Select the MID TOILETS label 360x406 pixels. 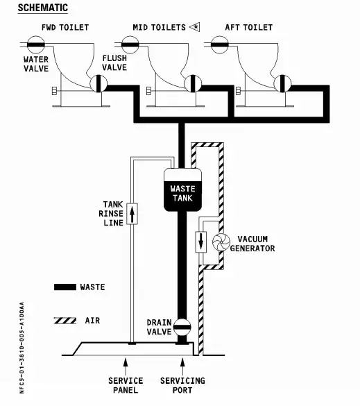(160, 28)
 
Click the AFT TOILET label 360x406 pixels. (249, 28)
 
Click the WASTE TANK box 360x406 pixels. (183, 189)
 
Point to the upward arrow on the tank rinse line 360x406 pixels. (132, 212)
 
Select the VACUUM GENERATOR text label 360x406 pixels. (252, 244)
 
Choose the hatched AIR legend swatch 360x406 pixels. (65, 320)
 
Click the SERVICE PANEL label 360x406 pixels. (126, 385)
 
